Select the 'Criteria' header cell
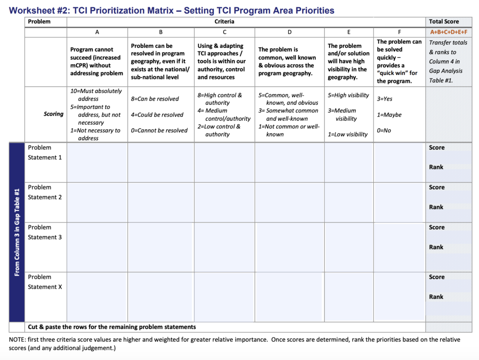[x=224, y=21]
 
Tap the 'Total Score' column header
[x=444, y=21]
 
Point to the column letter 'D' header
[x=290, y=32]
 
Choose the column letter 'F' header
[x=399, y=32]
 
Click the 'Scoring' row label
[x=53, y=114]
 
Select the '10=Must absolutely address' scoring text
[x=96, y=95]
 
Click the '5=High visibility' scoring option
[x=348, y=95]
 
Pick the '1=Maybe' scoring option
[x=389, y=115]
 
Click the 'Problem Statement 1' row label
[x=45, y=153]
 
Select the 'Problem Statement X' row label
[x=45, y=282]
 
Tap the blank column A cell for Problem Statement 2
[x=97, y=202]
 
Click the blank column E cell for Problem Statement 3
[x=349, y=247]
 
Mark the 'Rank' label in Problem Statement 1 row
[x=436, y=167]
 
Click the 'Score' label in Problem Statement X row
[x=436, y=277]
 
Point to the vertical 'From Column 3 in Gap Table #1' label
[x=17, y=232]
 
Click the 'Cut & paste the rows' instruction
[x=112, y=327]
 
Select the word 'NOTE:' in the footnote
[x=17, y=340]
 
